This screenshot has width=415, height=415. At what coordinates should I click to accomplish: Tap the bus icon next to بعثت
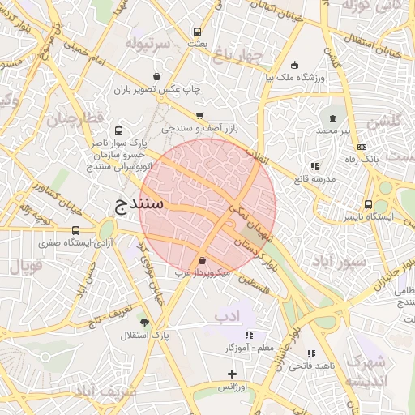pyautogui.click(x=197, y=32)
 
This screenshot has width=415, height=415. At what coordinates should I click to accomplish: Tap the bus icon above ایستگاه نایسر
pyautogui.click(x=369, y=205)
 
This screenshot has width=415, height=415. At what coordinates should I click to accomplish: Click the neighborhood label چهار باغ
pyautogui.click(x=236, y=55)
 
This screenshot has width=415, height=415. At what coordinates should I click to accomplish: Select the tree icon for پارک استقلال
pyautogui.click(x=145, y=323)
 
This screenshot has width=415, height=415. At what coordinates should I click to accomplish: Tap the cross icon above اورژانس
pyautogui.click(x=233, y=374)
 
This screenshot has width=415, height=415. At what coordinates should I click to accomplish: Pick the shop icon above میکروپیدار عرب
pyautogui.click(x=201, y=261)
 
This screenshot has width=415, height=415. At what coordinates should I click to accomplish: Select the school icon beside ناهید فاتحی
pyautogui.click(x=311, y=353)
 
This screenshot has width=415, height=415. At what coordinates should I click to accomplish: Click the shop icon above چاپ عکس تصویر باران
pyautogui.click(x=167, y=77)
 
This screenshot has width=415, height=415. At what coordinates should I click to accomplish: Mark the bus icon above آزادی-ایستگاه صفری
pyautogui.click(x=76, y=230)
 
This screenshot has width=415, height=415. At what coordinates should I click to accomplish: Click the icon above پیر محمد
pyautogui.click(x=332, y=119)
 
